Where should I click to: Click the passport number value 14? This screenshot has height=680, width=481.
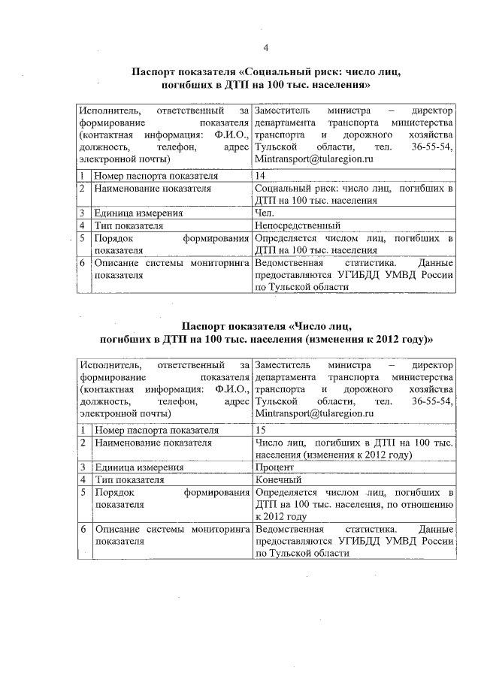(x=261, y=176)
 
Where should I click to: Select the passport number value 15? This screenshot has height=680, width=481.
(x=261, y=431)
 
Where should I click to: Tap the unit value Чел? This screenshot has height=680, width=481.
(x=264, y=213)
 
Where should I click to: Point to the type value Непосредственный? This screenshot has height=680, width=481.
(x=298, y=225)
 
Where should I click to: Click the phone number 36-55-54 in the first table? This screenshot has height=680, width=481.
(x=432, y=147)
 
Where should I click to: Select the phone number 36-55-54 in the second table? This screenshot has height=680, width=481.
(x=432, y=402)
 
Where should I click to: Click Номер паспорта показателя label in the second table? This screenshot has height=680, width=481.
(x=156, y=431)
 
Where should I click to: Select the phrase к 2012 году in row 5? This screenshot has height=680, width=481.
(x=280, y=517)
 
